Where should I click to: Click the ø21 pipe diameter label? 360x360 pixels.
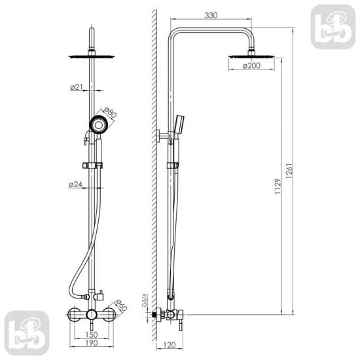[75, 87]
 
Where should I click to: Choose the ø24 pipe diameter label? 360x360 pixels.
[75, 185]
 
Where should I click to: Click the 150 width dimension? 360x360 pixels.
[92, 334]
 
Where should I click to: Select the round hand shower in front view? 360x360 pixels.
[98, 124]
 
